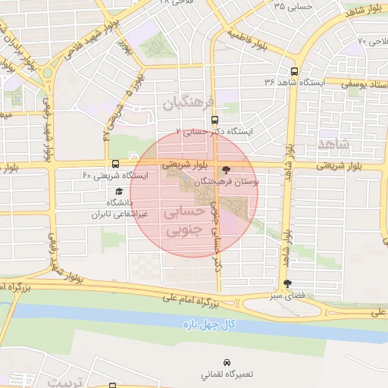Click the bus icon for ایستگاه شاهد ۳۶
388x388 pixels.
coord(293,70)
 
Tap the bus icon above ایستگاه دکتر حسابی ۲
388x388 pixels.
coord(215,120)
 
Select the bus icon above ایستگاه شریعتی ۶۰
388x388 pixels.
coord(115,164)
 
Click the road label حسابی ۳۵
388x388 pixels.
coord(290,7)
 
